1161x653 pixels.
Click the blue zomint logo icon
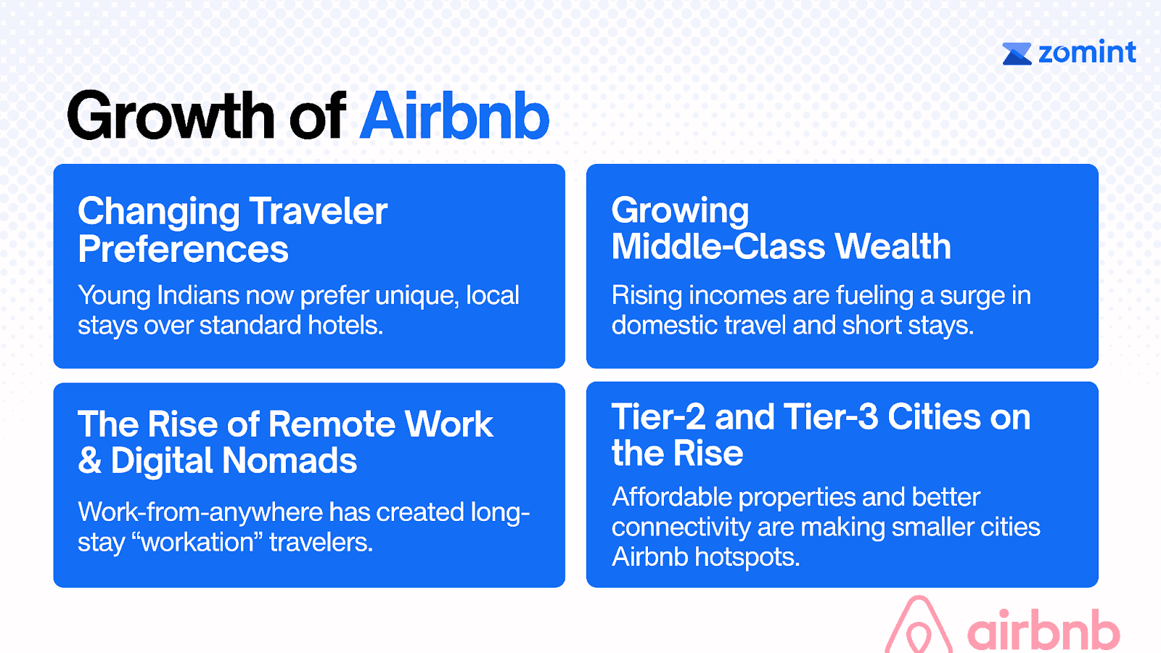[1017, 54]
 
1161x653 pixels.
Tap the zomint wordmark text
[1088, 52]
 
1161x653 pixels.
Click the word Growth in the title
[171, 115]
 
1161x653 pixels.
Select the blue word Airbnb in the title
[454, 115]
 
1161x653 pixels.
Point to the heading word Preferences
[183, 249]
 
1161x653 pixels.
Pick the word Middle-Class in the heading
[718, 246]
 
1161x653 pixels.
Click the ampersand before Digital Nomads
[90, 461]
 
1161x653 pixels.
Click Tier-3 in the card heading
[831, 416]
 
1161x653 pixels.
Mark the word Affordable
[671, 497]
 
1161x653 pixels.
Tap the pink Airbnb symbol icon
[919, 625]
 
